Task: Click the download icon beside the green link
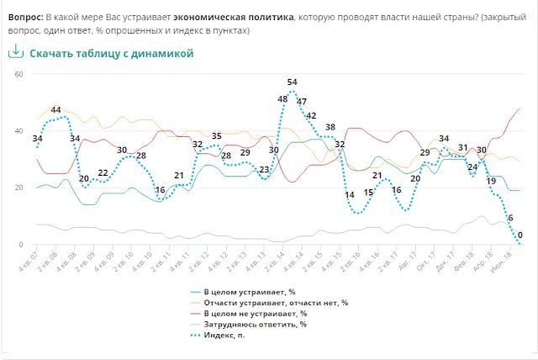14,52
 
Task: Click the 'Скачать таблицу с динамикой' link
112,53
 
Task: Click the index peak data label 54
293,82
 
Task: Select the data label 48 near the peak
282,98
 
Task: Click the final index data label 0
520,236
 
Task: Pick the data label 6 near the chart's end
509,219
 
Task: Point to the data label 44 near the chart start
55,109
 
